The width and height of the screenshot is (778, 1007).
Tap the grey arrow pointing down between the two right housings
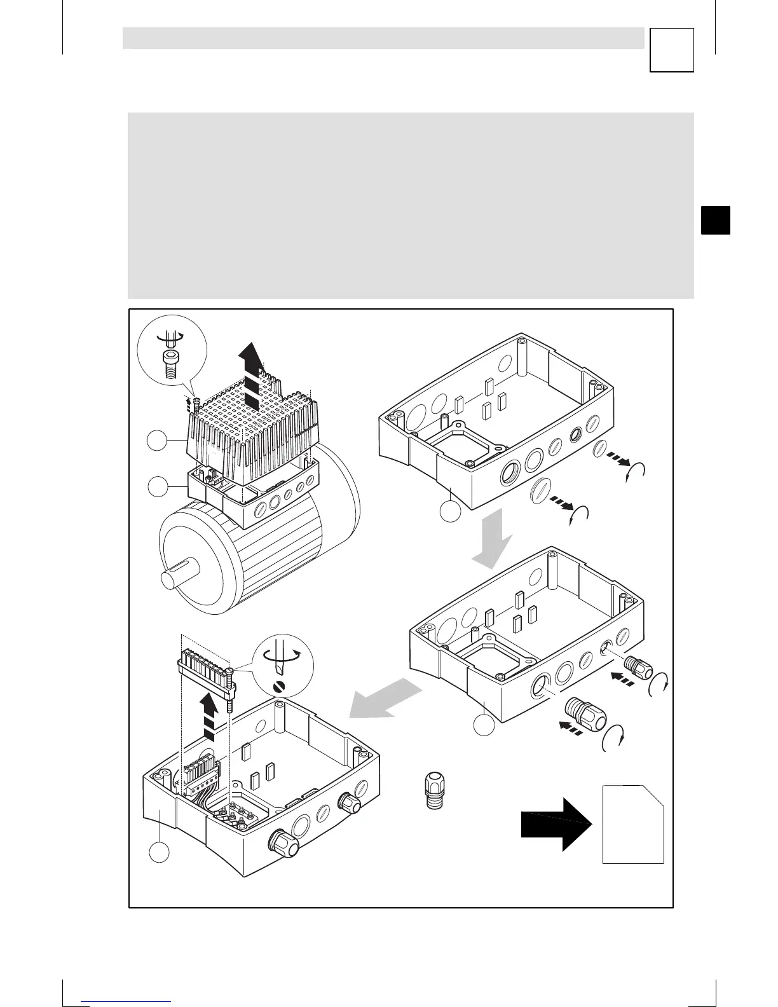tap(493, 539)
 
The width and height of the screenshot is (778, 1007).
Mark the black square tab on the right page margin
tap(716, 220)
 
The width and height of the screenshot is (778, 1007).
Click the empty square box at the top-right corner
tap(672, 50)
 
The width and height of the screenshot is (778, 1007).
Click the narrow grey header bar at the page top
tap(383, 38)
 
